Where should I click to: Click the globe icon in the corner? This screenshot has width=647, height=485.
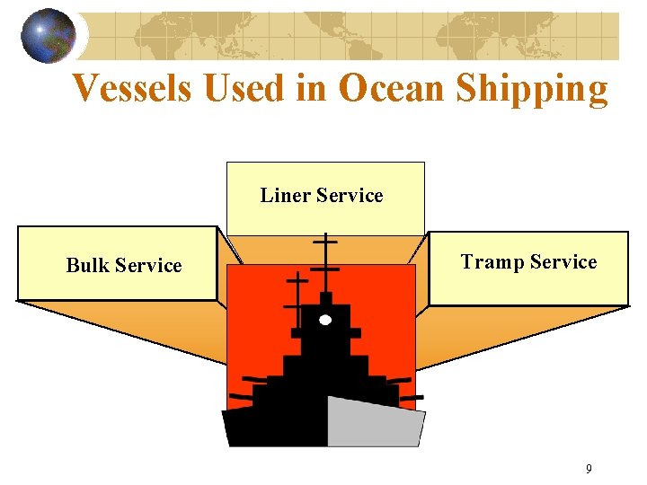(x=48, y=36)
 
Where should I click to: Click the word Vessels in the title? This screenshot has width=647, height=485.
(x=131, y=88)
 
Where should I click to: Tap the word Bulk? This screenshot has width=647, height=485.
(x=87, y=266)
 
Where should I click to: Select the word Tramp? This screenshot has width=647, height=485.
(x=492, y=262)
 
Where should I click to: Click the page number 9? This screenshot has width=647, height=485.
(x=589, y=469)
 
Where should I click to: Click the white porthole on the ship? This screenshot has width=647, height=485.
(x=325, y=320)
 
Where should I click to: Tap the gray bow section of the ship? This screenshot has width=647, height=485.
(x=373, y=423)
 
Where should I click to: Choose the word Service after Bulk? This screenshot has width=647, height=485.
(x=148, y=266)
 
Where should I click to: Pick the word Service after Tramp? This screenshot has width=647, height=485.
(x=563, y=262)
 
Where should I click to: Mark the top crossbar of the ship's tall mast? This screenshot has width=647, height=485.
(x=324, y=242)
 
